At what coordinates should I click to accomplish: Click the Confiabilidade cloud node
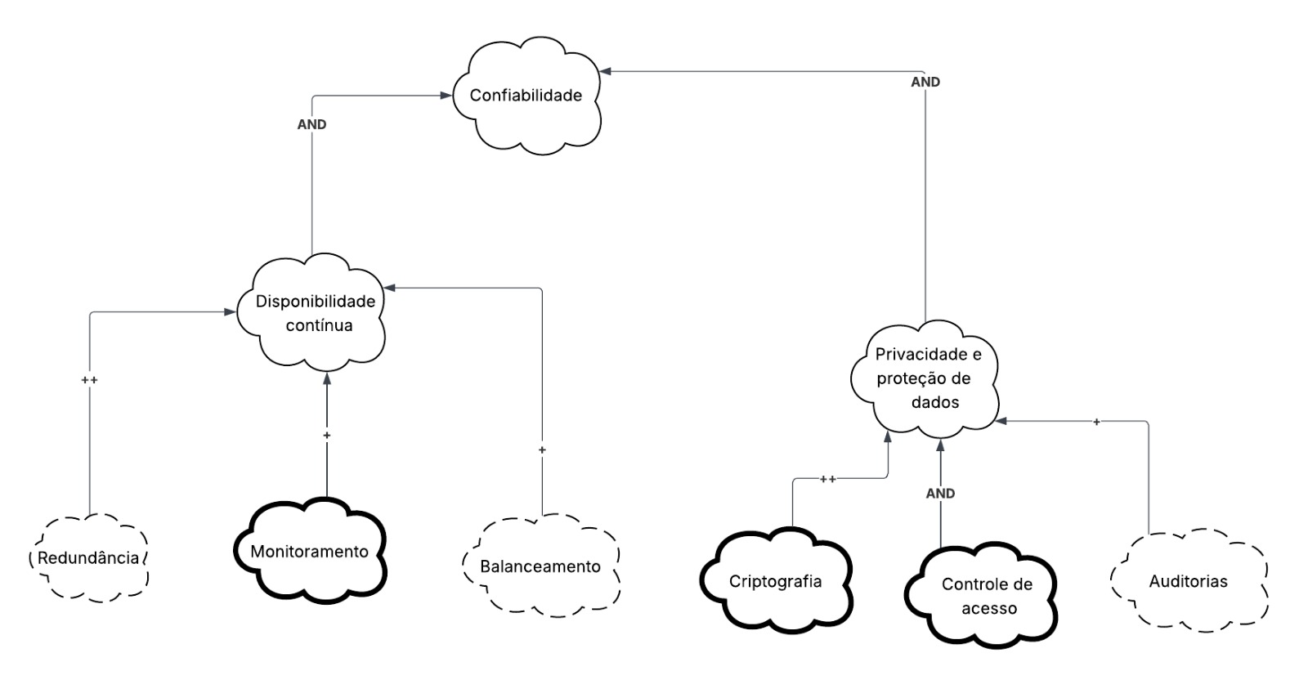coord(526,96)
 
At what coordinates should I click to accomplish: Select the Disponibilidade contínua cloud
coord(314,313)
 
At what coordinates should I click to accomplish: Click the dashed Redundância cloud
coord(88,559)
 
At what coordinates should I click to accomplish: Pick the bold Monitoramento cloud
coord(309,552)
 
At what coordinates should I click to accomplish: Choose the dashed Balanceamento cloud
coord(540,567)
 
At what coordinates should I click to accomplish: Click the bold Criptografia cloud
coord(775,582)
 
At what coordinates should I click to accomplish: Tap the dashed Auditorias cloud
coord(1188,582)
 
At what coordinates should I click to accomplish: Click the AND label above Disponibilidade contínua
coord(311,125)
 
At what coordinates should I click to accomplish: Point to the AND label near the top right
coord(925,83)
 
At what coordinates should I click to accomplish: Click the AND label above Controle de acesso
coord(940,494)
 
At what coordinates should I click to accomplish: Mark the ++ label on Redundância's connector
coord(89,380)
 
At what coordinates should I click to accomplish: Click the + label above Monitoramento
coord(326,436)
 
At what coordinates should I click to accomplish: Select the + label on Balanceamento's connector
coord(541,450)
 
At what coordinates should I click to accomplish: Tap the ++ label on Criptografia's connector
coord(827,480)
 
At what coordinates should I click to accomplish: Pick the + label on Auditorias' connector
coord(1096,422)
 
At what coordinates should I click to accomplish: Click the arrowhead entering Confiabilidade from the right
coord(605,72)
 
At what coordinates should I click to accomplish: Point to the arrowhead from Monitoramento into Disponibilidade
coord(326,378)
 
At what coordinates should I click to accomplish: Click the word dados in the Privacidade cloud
coord(934,403)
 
